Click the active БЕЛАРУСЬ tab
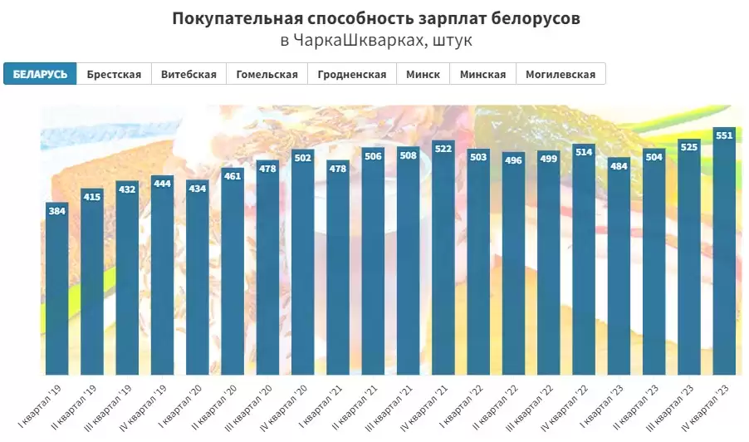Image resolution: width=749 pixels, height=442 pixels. (40, 74)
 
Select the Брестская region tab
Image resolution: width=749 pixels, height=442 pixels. (114, 74)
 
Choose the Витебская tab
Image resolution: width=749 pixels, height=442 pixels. (188, 74)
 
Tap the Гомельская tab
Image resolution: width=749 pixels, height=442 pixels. (267, 74)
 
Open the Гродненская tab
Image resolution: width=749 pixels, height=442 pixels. (352, 74)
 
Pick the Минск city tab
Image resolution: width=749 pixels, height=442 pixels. (423, 74)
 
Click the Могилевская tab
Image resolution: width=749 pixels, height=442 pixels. (561, 74)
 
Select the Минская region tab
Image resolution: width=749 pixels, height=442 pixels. (482, 74)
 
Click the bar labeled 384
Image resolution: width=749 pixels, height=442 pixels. (56, 291)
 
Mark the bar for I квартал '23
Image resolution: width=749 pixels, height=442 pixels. (619, 266)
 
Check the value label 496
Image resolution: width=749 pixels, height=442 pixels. (513, 160)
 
